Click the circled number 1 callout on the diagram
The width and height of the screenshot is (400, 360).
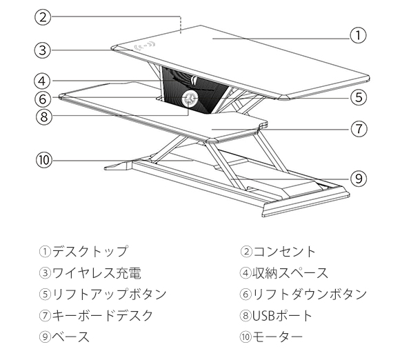tap(358, 35)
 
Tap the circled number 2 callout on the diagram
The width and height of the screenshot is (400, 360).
tap(43, 17)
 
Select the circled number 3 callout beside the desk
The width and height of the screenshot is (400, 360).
tap(43, 50)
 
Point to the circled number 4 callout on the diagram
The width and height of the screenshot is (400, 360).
tap(42, 81)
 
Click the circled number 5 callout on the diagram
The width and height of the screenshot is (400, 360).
tap(359, 97)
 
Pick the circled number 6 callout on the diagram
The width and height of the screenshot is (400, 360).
tap(43, 99)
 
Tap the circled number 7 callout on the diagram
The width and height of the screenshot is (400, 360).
tap(359, 128)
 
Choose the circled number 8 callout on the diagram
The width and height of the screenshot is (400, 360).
tap(44, 117)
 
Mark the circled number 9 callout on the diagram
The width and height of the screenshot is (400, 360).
tap(359, 179)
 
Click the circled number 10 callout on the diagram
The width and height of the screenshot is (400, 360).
tap(44, 160)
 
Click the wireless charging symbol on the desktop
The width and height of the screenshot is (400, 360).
tap(145, 46)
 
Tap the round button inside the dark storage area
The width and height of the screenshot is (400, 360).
tap(189, 99)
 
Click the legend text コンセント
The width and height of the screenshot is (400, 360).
tap(284, 252)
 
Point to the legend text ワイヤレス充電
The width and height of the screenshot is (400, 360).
tap(97, 272)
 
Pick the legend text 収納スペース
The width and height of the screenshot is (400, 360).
tap(290, 272)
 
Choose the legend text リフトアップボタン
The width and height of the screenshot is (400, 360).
tap(109, 294)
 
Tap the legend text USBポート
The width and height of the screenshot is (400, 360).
tap(282, 315)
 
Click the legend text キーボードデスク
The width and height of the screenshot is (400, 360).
tap(103, 315)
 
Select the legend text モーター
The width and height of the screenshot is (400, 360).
tap(277, 337)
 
